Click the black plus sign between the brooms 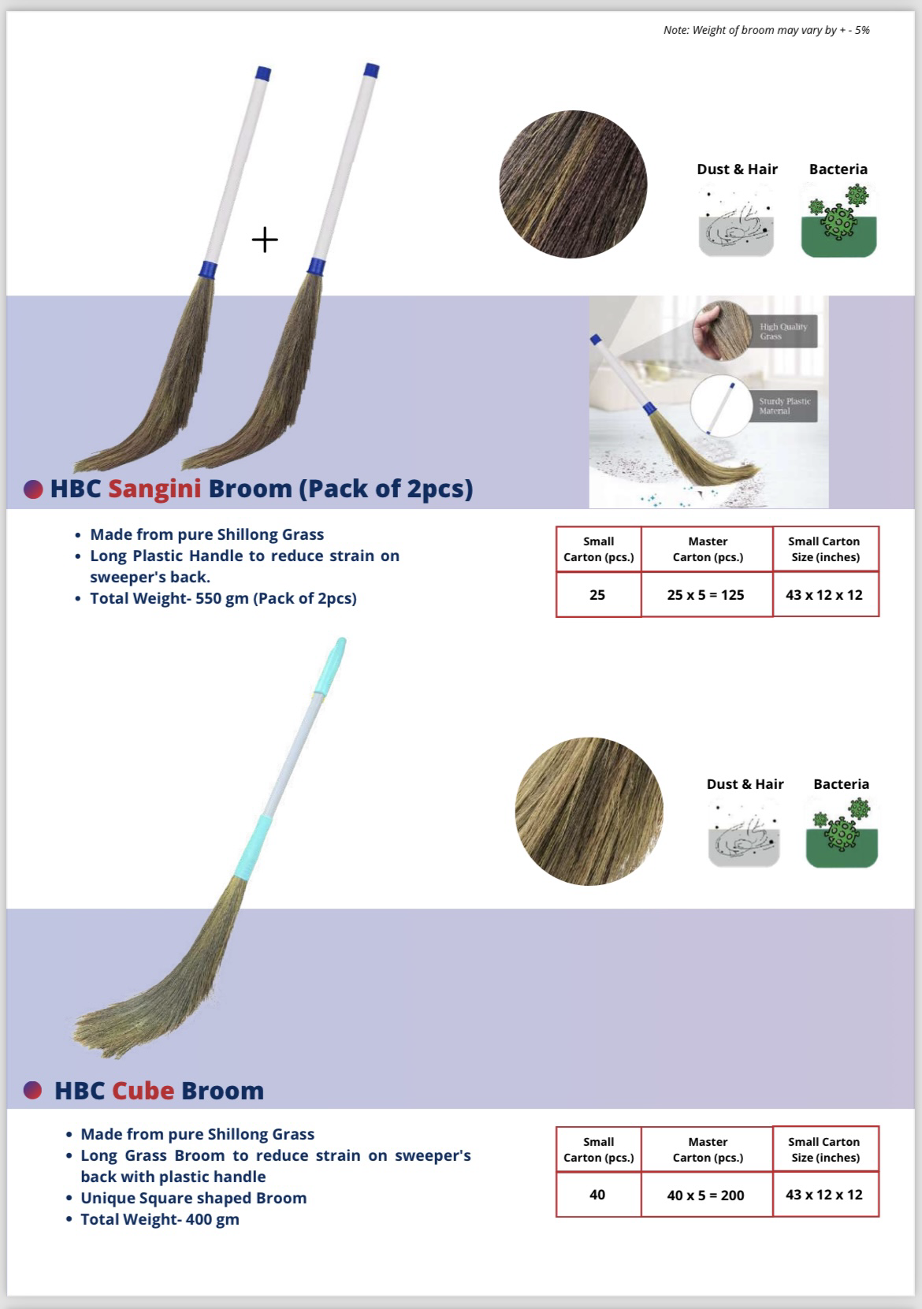(x=265, y=240)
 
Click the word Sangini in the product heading (x=154, y=489)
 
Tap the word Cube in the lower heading (x=143, y=1091)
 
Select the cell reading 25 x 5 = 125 (x=707, y=594)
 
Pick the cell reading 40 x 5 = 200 (x=707, y=1195)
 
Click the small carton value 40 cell (x=598, y=1195)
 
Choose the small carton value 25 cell (x=598, y=594)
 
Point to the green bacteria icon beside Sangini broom (x=839, y=221)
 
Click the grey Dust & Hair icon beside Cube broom (x=744, y=833)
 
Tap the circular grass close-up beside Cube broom (x=589, y=811)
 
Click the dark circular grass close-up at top (x=573, y=184)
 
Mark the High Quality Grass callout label (x=785, y=332)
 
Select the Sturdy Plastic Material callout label (x=784, y=406)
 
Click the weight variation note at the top (x=767, y=30)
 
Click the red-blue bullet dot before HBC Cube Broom (x=33, y=1091)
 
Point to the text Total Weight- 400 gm (x=160, y=1219)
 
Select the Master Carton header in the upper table (x=708, y=549)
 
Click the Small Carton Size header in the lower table (x=825, y=1150)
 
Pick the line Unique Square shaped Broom (x=194, y=1198)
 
